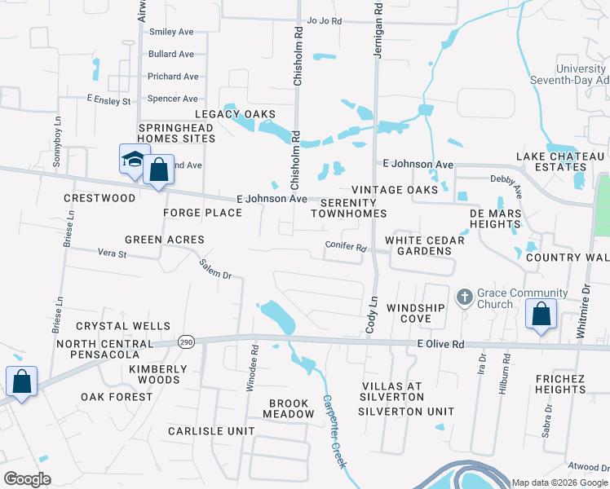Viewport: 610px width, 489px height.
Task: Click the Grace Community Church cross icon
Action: coord(464,296)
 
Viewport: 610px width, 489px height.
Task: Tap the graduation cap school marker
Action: coord(132,158)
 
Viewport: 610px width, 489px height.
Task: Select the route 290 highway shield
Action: coord(187,342)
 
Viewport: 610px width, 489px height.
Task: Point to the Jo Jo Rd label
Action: coord(324,21)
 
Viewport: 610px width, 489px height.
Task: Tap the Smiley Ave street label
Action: coord(170,32)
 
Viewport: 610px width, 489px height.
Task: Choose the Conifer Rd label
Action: coord(345,248)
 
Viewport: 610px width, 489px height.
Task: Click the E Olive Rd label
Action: coord(440,345)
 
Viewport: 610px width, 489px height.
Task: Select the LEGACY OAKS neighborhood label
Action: coord(234,114)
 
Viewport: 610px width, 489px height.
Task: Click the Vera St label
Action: coord(113,254)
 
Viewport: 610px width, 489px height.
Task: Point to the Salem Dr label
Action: coord(216,269)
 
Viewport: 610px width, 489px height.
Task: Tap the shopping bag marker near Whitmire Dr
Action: coord(541,314)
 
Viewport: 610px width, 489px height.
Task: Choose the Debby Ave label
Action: coord(505,178)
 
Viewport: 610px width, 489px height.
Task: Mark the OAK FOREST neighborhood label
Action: coord(117,397)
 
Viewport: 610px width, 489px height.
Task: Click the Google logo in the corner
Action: coord(28,479)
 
